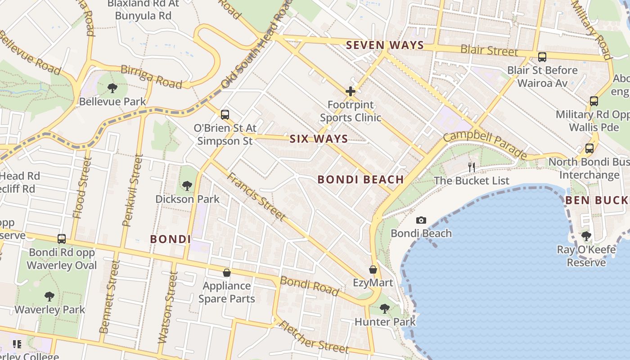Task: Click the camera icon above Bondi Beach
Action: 421,220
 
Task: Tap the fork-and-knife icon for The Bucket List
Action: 472,167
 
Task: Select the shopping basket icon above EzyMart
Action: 373,270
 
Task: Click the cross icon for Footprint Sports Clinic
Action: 350,92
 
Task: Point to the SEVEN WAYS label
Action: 385,45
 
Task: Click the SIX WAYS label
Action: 319,139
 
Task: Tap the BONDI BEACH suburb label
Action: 360,180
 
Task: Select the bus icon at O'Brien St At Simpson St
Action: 225,115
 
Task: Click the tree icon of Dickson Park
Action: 187,185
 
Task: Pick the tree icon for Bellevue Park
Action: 112,88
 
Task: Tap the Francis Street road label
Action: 256,197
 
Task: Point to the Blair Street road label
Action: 489,49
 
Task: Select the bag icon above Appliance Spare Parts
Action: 226,273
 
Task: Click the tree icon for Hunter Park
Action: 384,308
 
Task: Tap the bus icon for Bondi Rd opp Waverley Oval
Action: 62,239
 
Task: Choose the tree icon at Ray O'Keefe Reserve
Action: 586,236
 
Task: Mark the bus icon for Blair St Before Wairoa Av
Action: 542,57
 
